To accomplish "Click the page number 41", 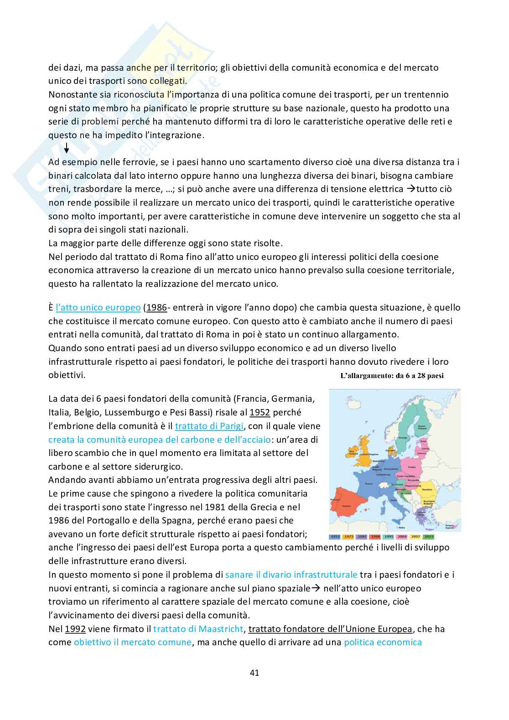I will [254, 673].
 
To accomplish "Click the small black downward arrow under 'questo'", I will [67, 148].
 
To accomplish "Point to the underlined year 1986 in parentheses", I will [156, 307].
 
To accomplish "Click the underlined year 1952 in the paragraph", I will [260, 412].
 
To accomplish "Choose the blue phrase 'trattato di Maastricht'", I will [198, 629].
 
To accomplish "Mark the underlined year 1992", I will [75, 629].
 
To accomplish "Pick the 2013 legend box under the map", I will [429, 537].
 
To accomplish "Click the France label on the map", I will [369, 484].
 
